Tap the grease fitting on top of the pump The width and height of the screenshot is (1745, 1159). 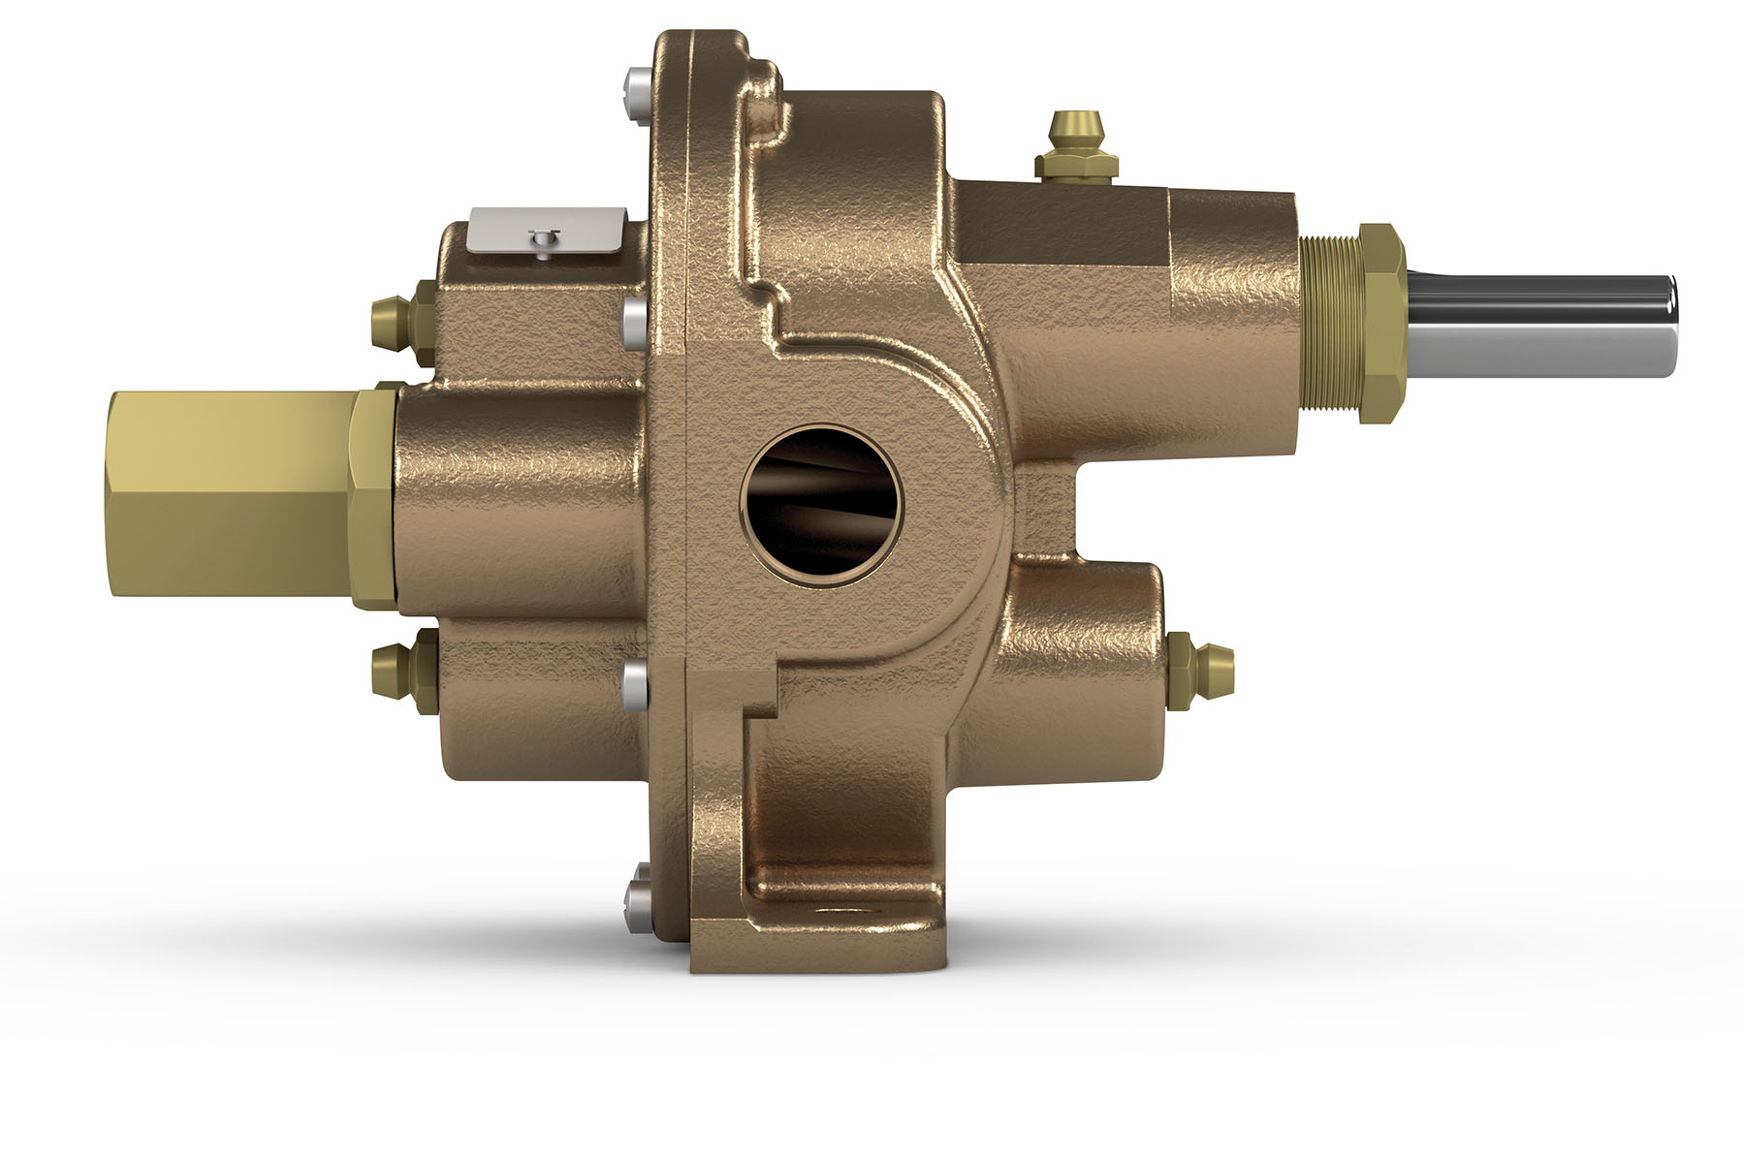[x=1077, y=146]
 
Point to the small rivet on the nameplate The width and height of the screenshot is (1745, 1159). [x=542, y=237]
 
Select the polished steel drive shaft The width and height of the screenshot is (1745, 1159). [x=1541, y=326]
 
